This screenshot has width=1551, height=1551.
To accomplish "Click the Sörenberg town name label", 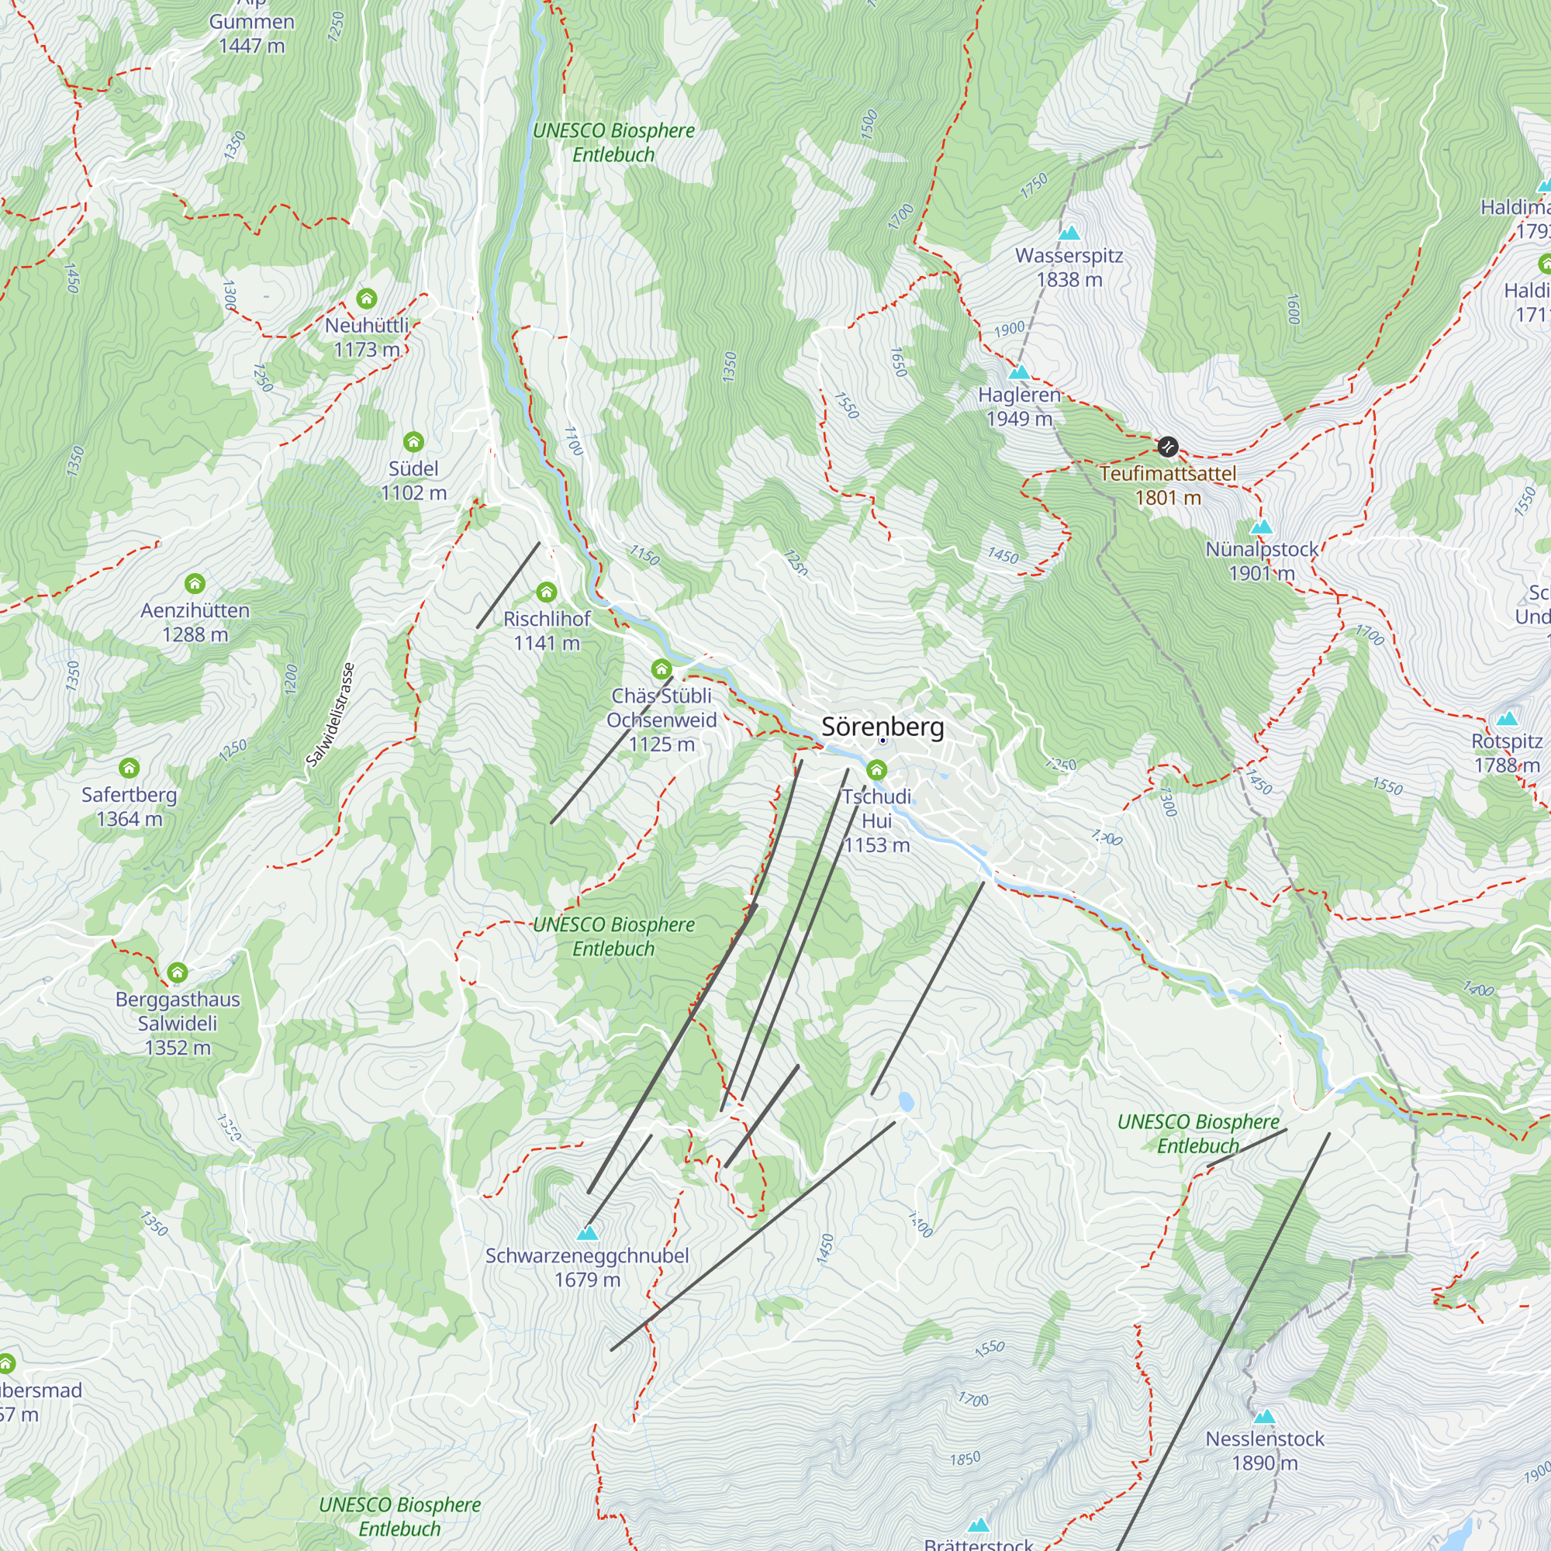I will (883, 727).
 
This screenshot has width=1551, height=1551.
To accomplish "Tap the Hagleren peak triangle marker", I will (1019, 371).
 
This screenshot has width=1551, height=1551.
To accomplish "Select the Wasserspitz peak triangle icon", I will (1069, 233).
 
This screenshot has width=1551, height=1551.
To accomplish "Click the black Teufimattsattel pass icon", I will (1167, 446).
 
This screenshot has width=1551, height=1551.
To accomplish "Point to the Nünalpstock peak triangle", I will (1261, 527).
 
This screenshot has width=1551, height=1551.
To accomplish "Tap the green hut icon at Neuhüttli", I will (367, 299).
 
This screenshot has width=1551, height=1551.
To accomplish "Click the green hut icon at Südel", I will (413, 441).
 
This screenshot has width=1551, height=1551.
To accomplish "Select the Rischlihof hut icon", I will (547, 592).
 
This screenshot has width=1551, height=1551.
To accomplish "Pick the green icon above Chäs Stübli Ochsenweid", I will (662, 668).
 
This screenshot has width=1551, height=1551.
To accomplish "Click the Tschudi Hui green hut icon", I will (876, 771).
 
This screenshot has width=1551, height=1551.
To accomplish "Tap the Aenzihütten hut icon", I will (195, 584).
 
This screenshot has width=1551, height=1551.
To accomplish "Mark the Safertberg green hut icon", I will (130, 769).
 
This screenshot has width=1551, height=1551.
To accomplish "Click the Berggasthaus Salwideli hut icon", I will (178, 973).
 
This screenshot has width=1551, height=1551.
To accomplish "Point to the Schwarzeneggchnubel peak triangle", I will (588, 1232).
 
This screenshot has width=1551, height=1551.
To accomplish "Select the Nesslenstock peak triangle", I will (1264, 1416).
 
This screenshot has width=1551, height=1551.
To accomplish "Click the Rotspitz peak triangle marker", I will (1507, 719).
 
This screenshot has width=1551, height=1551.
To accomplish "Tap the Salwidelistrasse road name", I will (331, 714).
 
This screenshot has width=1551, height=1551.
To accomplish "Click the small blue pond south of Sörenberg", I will (906, 1101).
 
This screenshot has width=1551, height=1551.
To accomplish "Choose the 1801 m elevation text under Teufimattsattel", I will (1167, 498).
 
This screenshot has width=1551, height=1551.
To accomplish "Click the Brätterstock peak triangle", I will (978, 1525).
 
